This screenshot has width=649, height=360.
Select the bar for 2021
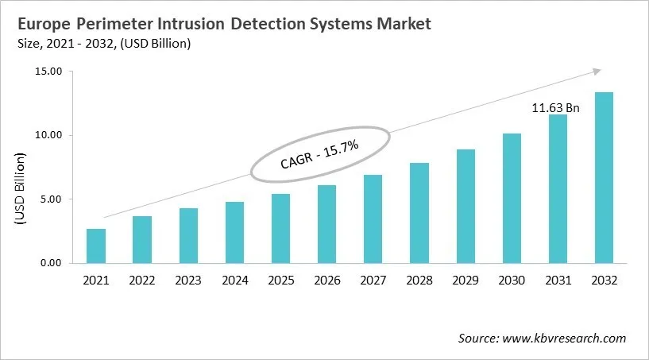(96, 246)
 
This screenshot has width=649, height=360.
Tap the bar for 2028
(419, 212)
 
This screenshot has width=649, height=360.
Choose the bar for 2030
(512, 198)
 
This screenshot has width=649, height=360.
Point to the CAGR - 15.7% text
(321, 155)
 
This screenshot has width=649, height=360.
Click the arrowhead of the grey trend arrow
(597, 72)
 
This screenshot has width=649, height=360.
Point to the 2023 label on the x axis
(187, 281)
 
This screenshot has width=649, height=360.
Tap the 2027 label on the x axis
(373, 281)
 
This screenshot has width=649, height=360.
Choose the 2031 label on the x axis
(558, 281)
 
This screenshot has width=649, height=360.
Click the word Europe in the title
(41, 24)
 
